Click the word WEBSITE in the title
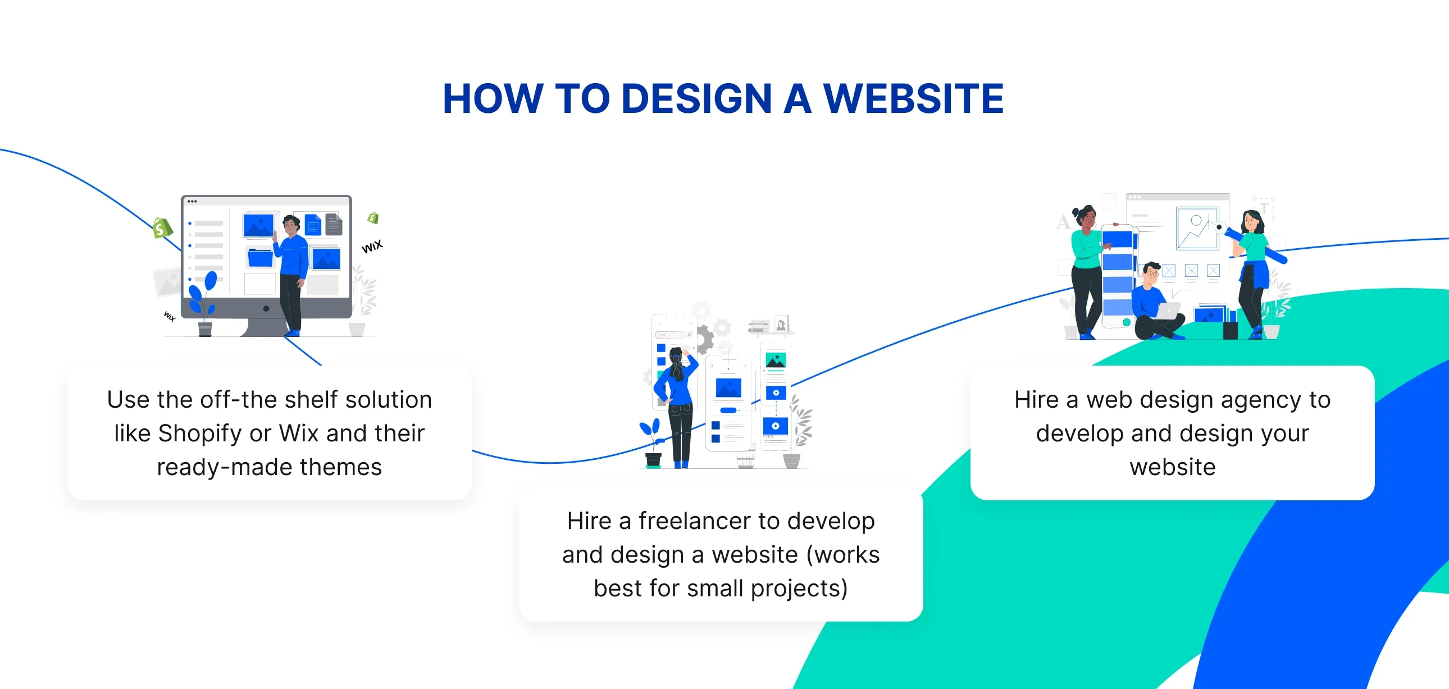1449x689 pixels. coord(914,99)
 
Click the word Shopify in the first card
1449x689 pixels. coord(200,434)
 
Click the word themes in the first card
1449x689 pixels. coord(341,467)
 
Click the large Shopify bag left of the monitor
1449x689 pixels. coord(162,228)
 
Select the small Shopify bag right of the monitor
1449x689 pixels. coord(373,218)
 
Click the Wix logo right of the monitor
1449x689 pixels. coord(372,247)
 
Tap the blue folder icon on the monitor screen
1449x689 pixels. coord(260,258)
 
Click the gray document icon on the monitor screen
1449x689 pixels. coord(334,224)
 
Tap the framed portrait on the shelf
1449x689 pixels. coord(781,325)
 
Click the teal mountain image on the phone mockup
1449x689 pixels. coord(776,361)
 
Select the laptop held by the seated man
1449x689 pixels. coord(1169,311)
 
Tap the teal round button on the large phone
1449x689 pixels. coord(1126,322)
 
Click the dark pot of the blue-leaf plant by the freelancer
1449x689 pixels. coord(654,460)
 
